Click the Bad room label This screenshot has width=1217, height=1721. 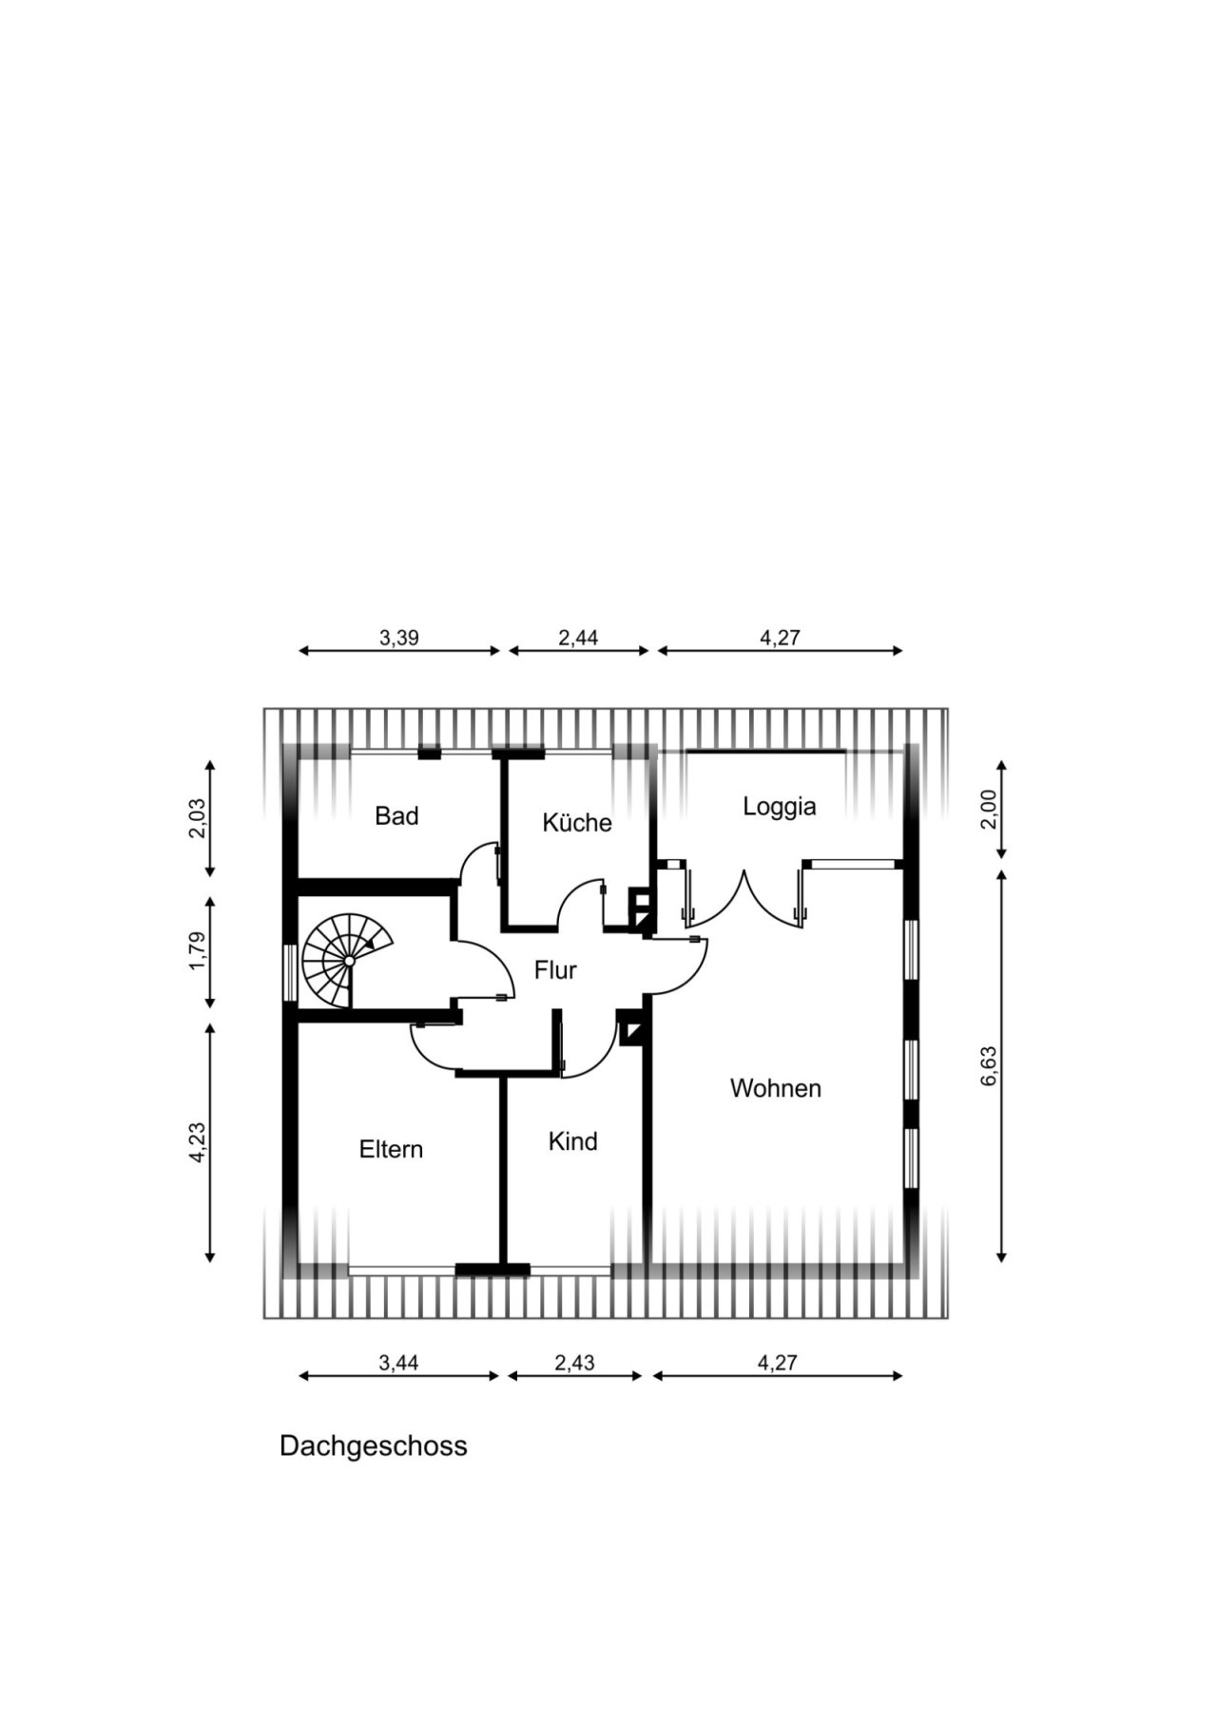pyautogui.click(x=396, y=815)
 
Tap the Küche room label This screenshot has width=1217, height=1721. pyautogui.click(x=577, y=822)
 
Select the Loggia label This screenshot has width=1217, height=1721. pyautogui.click(x=780, y=807)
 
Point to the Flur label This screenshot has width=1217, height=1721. pyautogui.click(x=555, y=970)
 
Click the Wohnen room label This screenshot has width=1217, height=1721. pyautogui.click(x=776, y=1088)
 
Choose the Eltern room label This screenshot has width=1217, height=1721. pyautogui.click(x=391, y=1149)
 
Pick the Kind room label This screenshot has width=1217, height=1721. pyautogui.click(x=572, y=1140)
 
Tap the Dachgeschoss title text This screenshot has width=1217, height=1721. pyautogui.click(x=374, y=1445)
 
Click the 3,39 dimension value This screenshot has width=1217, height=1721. pyautogui.click(x=399, y=638)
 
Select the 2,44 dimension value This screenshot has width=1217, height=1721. pyautogui.click(x=578, y=638)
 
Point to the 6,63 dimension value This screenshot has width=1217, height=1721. pyautogui.click(x=989, y=1066)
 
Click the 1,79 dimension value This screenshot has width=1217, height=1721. pyautogui.click(x=197, y=951)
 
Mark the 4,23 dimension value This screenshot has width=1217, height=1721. pyautogui.click(x=197, y=1142)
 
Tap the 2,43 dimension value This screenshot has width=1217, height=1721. pyautogui.click(x=574, y=1363)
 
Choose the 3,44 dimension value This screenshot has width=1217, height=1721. pyautogui.click(x=398, y=1363)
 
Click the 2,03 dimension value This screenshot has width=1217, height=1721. pyautogui.click(x=197, y=818)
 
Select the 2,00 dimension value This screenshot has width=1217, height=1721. pyautogui.click(x=989, y=810)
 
